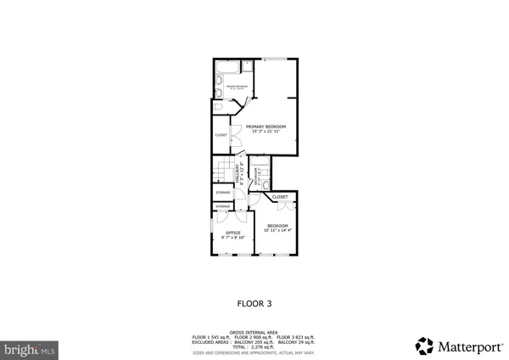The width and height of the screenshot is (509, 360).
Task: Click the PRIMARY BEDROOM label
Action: pos(266,127)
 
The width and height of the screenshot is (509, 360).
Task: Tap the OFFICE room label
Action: pos(233,233)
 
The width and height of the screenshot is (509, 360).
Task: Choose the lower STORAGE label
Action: pos(222,206)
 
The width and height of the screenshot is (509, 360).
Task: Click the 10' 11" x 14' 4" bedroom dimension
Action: pos(277,230)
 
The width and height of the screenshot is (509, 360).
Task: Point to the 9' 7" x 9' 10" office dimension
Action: pos(233,238)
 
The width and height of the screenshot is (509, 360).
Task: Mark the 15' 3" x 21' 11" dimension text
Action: pos(266,132)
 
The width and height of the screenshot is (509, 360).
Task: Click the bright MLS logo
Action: pos(30,348)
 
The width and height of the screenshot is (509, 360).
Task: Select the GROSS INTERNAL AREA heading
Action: pos(254,332)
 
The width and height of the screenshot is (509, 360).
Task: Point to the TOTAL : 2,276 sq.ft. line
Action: pos(254,347)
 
